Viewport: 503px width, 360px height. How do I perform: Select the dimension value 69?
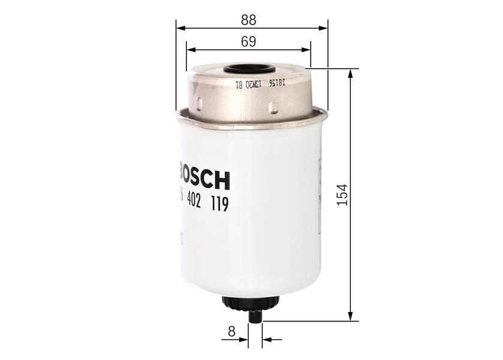[248, 41]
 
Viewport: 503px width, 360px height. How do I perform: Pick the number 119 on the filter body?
[219, 205]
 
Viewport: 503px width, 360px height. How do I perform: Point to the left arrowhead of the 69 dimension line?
[190, 50]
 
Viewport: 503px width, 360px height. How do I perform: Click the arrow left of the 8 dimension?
[243, 340]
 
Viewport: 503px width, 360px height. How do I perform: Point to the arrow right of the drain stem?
[269, 340]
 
